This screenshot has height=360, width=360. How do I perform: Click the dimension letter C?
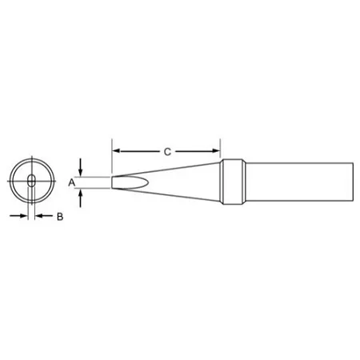coord(167,152)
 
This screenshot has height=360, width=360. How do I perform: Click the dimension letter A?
coord(71,183)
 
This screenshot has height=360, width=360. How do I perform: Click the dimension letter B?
coord(60,217)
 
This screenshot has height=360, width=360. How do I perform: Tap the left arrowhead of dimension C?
coord(116,151)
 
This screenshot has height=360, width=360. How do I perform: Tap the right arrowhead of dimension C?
coord(216,151)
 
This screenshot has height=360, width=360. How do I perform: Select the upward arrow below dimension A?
coord(81,198)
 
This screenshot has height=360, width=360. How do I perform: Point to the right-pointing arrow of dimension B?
coord(18,216)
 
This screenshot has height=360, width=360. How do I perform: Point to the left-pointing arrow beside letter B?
coord(44,216)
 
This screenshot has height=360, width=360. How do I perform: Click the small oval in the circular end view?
coord(31,181)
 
